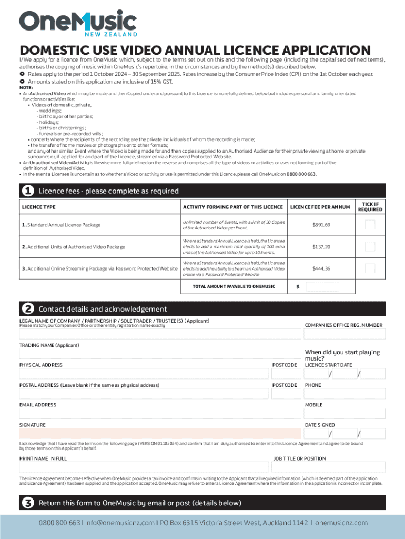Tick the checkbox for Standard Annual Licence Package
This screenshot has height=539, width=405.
[x=370, y=225]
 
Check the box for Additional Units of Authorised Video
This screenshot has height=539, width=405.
[x=370, y=246]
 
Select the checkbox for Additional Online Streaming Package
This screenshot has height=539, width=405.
[x=370, y=268]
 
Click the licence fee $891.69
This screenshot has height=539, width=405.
[x=321, y=225]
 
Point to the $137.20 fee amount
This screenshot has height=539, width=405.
[x=321, y=246]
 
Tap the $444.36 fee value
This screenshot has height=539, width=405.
[x=321, y=268]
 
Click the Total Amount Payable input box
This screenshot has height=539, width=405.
[x=322, y=287]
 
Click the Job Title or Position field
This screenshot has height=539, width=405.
[x=329, y=467]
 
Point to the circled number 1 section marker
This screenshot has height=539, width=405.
[x=27, y=191]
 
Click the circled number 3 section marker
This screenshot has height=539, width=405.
[x=27, y=503]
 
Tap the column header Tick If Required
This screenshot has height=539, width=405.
[x=370, y=207]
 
